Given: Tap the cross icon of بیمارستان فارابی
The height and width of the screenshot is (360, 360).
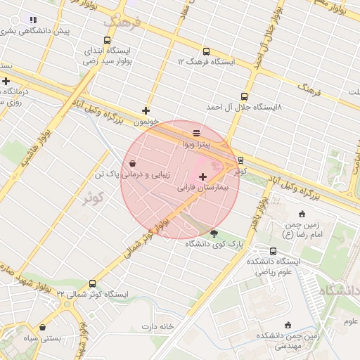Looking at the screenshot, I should pyautogui.click(x=203, y=176).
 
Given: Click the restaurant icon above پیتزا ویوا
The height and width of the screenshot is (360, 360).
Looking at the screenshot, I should pyautogui.click(x=196, y=133).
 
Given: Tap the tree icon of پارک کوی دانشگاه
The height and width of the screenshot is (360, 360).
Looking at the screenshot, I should pyautogui.click(x=214, y=233).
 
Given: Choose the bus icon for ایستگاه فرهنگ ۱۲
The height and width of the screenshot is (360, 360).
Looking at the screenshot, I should pyautogui.click(x=206, y=51).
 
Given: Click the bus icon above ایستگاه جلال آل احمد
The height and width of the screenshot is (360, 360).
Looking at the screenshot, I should pyautogui.click(x=244, y=96).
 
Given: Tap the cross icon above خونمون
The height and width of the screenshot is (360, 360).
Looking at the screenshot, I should pyautogui.click(x=146, y=110).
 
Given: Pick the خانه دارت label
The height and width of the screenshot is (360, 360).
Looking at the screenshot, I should pyautogui.click(x=157, y=326).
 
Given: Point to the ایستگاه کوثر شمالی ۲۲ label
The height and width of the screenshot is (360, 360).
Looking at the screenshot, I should pyautogui.click(x=86, y=293).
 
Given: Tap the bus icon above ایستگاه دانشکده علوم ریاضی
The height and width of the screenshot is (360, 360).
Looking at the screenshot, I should pyautogui.click(x=274, y=251).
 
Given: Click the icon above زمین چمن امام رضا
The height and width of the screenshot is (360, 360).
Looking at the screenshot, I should pyautogui.click(x=302, y=214).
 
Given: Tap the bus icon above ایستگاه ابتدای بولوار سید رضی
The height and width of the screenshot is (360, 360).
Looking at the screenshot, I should pyautogui.click(x=107, y=41).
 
